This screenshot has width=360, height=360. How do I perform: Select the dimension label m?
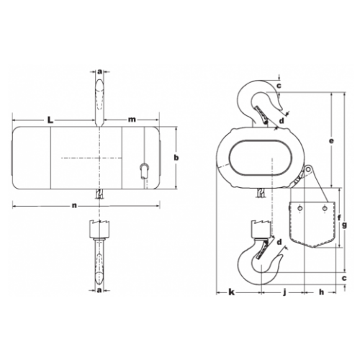point(132,117)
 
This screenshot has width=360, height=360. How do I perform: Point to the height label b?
point(176,157)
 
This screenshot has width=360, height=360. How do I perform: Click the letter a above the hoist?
point(99,72)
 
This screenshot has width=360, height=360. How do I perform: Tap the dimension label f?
point(339,217)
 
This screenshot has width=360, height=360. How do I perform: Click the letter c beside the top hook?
point(279,87)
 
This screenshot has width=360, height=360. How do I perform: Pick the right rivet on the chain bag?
point(325,210)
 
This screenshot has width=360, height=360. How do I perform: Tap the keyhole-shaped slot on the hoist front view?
point(143,169)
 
